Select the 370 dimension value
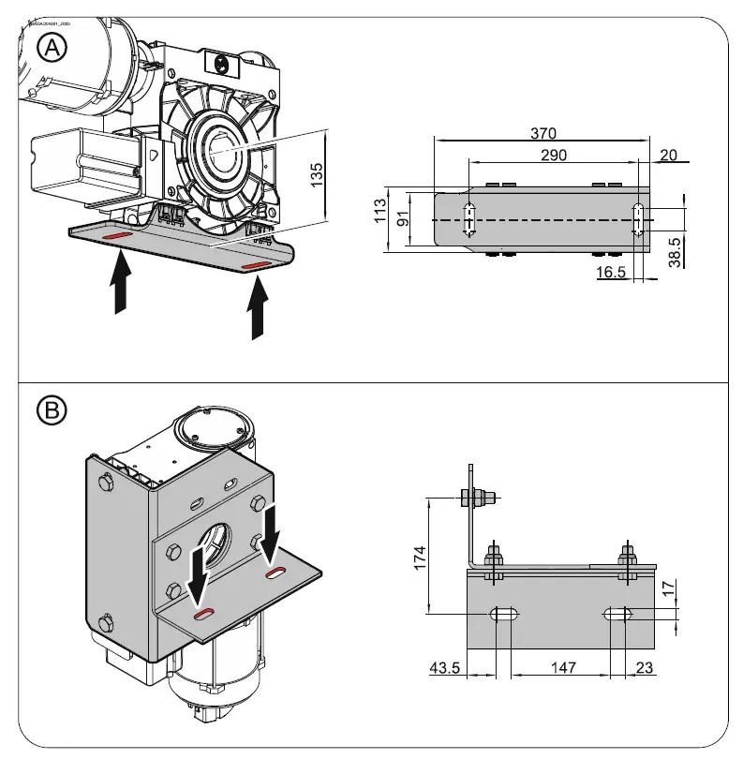coord(543,134)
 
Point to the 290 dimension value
coord(554,155)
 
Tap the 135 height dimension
coord(318,175)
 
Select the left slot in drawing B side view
coord(505,614)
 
